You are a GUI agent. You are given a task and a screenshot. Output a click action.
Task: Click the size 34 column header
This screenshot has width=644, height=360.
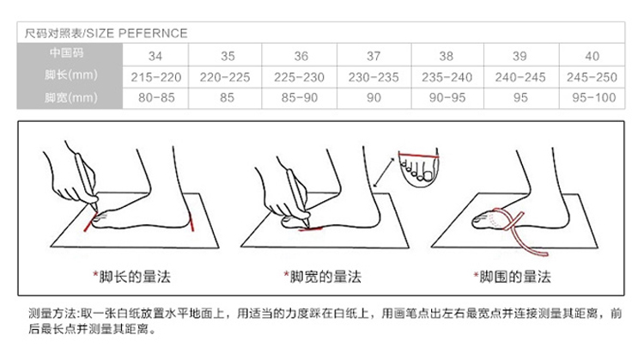[155, 56]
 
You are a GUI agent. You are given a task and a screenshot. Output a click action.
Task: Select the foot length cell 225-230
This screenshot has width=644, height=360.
[299, 77]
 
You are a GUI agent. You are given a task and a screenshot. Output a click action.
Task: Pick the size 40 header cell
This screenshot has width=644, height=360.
[592, 56]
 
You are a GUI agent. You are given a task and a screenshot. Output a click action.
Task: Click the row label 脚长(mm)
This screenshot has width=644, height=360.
[71, 76]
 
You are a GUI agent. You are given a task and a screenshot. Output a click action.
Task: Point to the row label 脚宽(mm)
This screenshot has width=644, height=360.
[71, 98]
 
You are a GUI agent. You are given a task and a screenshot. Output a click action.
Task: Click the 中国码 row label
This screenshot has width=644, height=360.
[66, 53]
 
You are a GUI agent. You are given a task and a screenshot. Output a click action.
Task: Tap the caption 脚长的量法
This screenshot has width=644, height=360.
[134, 277]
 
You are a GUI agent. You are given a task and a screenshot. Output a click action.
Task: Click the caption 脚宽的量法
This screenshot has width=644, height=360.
[325, 277]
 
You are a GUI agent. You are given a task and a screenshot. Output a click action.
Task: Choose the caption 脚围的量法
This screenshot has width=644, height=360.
[515, 277]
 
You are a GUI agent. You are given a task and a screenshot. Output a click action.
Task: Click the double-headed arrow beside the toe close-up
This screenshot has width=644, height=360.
[383, 173]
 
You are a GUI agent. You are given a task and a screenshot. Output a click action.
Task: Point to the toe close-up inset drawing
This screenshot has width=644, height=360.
[418, 168]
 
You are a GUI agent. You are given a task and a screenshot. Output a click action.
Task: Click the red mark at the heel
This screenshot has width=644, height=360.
[191, 223]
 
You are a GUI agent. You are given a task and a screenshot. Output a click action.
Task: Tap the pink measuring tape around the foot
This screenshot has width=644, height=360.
[519, 231]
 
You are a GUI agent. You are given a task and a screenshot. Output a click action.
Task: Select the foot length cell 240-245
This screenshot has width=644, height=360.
[520, 77]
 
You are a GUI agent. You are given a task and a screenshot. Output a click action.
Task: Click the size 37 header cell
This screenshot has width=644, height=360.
[374, 56]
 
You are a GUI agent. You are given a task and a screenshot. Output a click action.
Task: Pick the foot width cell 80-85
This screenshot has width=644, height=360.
[156, 98]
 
